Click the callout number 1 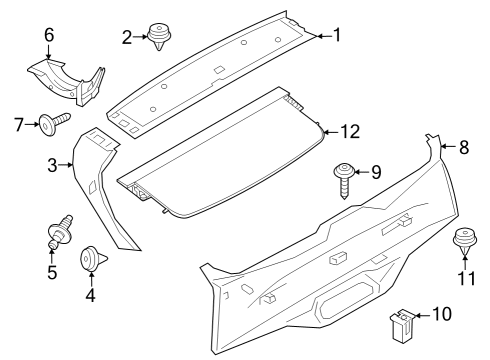coord(336,35)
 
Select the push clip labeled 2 coord(157,37)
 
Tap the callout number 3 coord(52,163)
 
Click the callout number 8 coord(462,147)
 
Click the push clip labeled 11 coord(462,243)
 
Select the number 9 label coord(376,172)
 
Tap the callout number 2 coord(127,37)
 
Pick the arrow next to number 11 coord(462,262)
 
